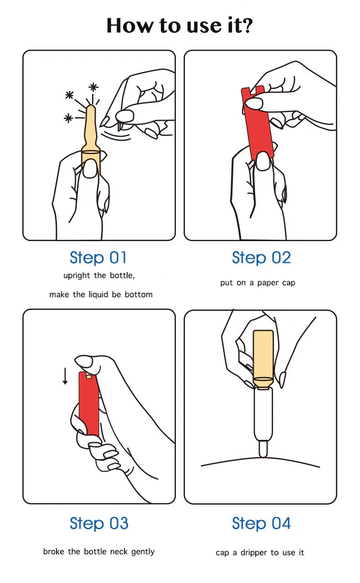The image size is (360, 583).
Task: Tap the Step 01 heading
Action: [98, 258]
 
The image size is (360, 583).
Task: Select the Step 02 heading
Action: [261, 258]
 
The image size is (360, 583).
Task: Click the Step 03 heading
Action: [99, 523]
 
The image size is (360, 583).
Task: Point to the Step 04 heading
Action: [261, 523]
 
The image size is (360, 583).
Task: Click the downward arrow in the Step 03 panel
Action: [65, 376]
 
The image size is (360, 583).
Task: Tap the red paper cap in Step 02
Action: [257, 122]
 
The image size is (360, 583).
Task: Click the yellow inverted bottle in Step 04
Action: [263, 360]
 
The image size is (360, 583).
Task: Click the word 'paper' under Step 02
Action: [268, 283]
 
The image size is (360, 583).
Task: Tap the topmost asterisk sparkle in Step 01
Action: [93, 87]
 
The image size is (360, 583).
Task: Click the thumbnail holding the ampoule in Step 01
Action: [91, 169]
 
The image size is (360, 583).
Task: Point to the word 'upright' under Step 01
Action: [77, 276]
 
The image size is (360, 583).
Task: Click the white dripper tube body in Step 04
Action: [263, 414]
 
